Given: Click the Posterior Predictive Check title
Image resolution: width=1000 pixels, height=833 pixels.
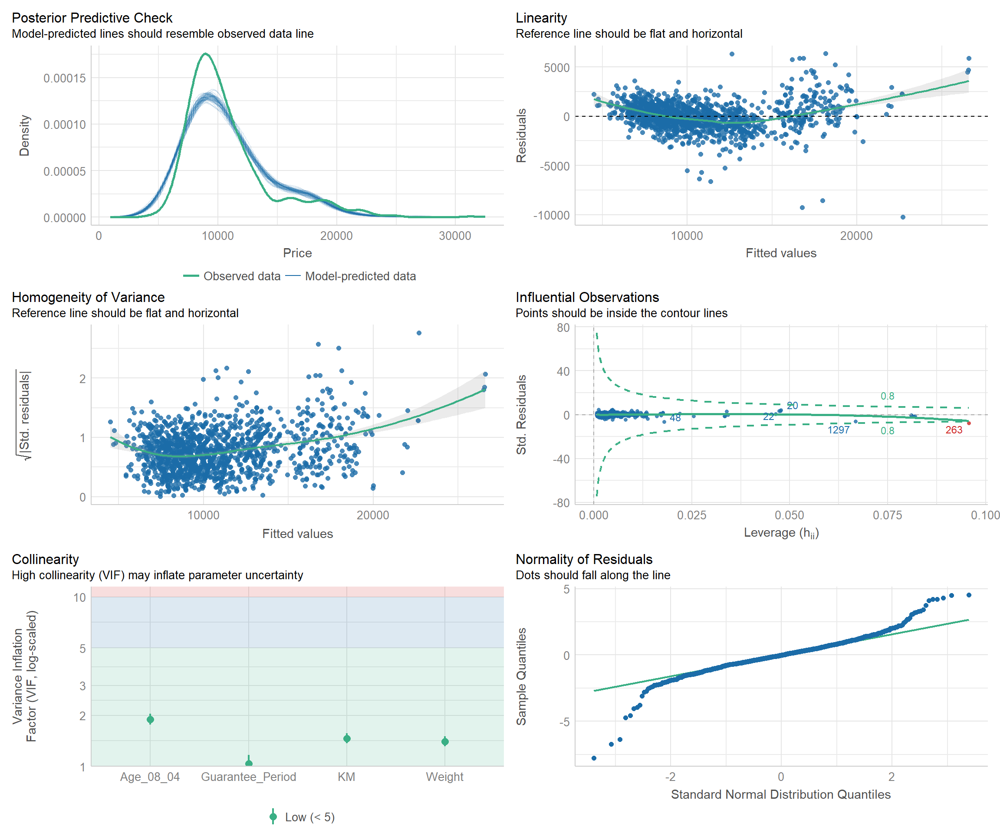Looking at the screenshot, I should (92, 18).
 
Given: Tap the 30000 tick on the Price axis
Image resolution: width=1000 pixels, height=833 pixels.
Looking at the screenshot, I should (455, 236).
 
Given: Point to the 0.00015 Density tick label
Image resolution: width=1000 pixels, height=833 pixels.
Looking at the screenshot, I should (65, 78).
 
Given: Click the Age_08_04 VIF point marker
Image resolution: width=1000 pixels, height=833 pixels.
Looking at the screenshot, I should (150, 719).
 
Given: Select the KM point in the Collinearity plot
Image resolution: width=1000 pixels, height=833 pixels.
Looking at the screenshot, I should (347, 738).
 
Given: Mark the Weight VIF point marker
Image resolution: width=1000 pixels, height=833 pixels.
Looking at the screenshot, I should (445, 741).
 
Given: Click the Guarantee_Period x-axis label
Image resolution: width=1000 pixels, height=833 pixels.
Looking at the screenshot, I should (248, 777).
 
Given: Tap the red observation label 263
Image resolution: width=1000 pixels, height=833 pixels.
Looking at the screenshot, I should (954, 430).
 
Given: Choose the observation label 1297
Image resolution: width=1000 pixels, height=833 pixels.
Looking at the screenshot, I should (838, 430).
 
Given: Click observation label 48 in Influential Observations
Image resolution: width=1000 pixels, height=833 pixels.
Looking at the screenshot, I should (675, 418).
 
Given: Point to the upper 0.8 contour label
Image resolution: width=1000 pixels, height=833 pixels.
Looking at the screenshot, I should (887, 396).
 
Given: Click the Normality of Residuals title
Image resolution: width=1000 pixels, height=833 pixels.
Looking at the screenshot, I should (584, 559).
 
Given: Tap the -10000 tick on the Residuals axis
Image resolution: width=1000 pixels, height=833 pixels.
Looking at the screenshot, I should (551, 216).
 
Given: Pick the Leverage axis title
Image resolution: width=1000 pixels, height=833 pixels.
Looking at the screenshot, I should (781, 533).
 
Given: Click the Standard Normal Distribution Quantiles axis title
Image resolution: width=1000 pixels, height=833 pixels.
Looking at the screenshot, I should (780, 794).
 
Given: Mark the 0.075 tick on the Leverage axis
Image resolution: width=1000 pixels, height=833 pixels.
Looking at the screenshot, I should (887, 515).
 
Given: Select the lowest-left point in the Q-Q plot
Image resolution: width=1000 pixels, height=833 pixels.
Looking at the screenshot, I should (594, 758).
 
